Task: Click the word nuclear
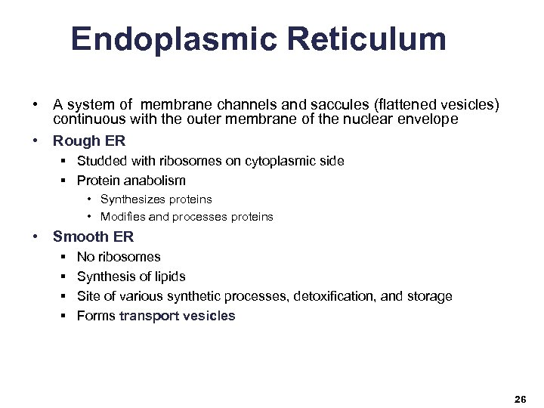343,119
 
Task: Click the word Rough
77,141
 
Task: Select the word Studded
101,160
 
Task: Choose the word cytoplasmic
277,160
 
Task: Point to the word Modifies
125,217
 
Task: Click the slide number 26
520,399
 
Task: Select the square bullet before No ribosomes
60,257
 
